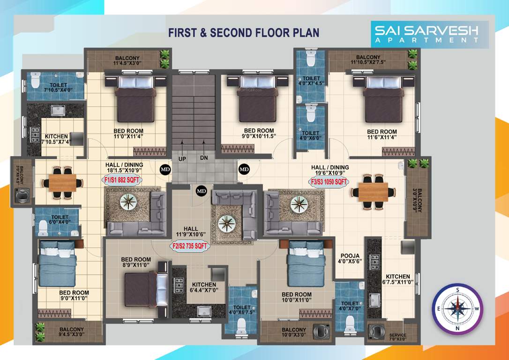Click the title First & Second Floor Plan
(x=244, y=32)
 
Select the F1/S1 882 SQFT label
(x=121, y=180)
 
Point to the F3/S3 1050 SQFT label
(x=329, y=181)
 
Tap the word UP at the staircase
(x=182, y=158)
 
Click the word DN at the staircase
(x=204, y=158)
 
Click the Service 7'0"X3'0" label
(x=398, y=337)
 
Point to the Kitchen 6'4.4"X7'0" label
(x=204, y=287)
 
